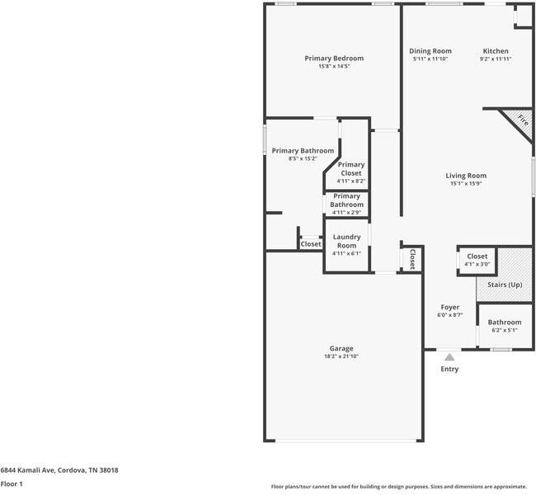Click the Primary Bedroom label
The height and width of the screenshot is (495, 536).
(334, 59)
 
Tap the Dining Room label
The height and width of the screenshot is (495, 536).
(430, 51)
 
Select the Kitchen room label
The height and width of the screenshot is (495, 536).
(496, 51)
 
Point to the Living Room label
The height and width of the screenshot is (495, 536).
(466, 176)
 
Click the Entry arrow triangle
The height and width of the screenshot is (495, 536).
(449, 357)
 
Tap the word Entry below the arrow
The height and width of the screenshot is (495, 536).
(449, 369)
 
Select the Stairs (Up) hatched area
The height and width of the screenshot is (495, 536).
(505, 285)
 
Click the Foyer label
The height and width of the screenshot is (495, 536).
(449, 308)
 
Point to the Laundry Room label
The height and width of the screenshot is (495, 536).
(346, 241)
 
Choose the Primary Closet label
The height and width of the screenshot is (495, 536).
(350, 169)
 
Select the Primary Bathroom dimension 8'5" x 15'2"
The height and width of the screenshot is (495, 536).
(303, 158)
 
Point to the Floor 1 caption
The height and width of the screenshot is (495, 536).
(12, 484)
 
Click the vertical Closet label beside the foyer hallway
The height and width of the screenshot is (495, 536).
(411, 258)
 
